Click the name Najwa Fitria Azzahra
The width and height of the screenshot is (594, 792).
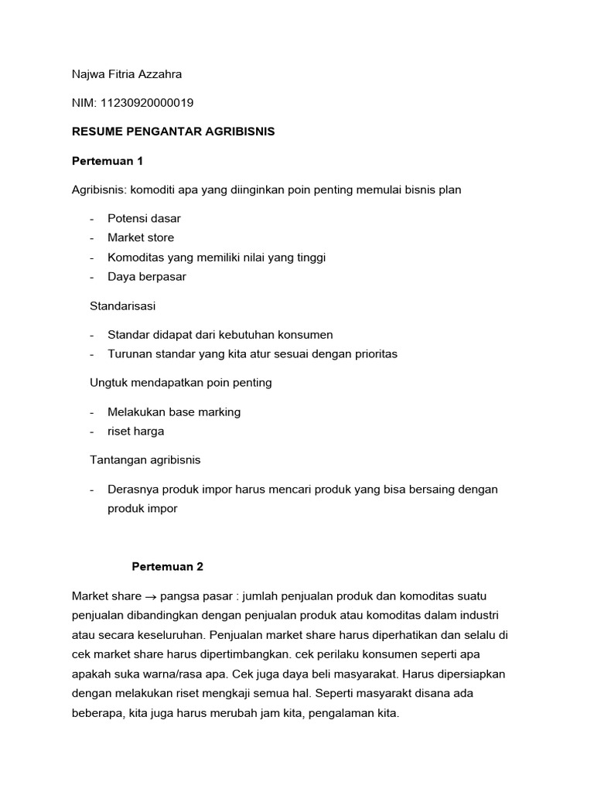(x=127, y=73)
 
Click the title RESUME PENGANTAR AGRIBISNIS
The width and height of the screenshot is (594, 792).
(x=173, y=131)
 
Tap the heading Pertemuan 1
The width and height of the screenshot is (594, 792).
(x=108, y=161)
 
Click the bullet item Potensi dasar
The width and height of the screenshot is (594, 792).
(x=144, y=218)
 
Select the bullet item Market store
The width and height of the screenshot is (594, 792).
(x=141, y=237)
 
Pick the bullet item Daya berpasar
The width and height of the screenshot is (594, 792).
(x=147, y=276)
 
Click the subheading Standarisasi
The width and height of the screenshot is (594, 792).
(x=123, y=306)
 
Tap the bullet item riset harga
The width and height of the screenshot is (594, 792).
(x=136, y=431)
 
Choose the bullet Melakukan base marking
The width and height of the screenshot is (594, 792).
(x=174, y=411)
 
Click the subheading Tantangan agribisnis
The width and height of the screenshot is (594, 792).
(x=145, y=459)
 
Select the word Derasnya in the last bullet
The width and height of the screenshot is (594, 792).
(x=131, y=490)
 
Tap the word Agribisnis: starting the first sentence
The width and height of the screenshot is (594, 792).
(x=99, y=189)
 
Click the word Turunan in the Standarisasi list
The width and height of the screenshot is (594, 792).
(x=129, y=353)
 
